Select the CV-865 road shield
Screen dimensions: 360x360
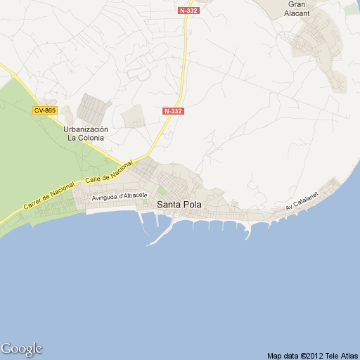click(44, 110)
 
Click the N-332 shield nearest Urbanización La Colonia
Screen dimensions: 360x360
click(173, 111)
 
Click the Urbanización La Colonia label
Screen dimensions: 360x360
click(86, 134)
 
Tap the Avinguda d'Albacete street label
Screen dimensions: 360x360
click(120, 196)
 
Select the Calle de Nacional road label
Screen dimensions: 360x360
click(108, 172)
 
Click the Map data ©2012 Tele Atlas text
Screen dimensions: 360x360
click(311, 355)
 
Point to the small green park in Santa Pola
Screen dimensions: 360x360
click(162, 190)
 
